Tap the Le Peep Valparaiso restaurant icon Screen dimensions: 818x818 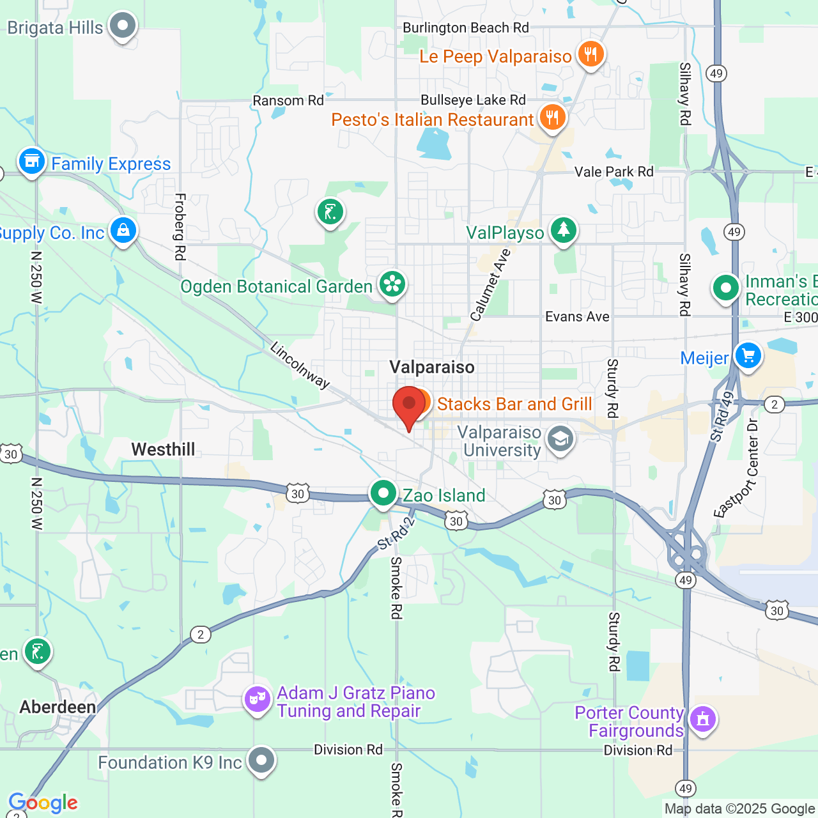591,54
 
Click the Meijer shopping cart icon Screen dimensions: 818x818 748,355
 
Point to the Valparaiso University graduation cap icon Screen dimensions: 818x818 560,440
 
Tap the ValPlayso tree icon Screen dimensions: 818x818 563,231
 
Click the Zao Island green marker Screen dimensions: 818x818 383,493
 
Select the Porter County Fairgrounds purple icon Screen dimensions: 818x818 703,720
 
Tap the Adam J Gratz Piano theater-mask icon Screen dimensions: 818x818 258,699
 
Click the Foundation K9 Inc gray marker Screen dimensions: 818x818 261,760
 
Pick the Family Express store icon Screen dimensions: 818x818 31,162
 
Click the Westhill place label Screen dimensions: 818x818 163,449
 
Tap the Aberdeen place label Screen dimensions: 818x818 58,707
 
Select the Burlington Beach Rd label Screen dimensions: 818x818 465,27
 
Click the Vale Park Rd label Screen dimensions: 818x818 613,171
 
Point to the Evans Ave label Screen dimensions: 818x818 577,316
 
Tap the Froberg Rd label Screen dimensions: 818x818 180,227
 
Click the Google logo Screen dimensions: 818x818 43,803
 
